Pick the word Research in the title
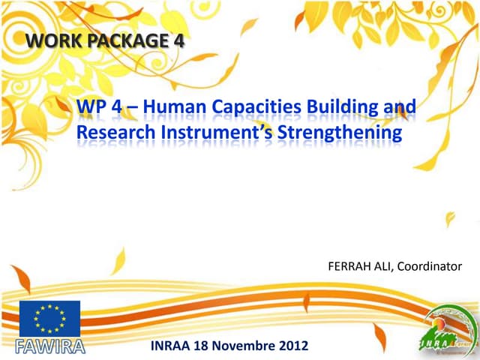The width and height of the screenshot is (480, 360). click(x=112, y=133)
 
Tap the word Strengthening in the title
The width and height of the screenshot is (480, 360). click(x=340, y=133)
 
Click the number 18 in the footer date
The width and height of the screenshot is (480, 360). click(x=207, y=346)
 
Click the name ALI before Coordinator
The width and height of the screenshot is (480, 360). click(x=384, y=266)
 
